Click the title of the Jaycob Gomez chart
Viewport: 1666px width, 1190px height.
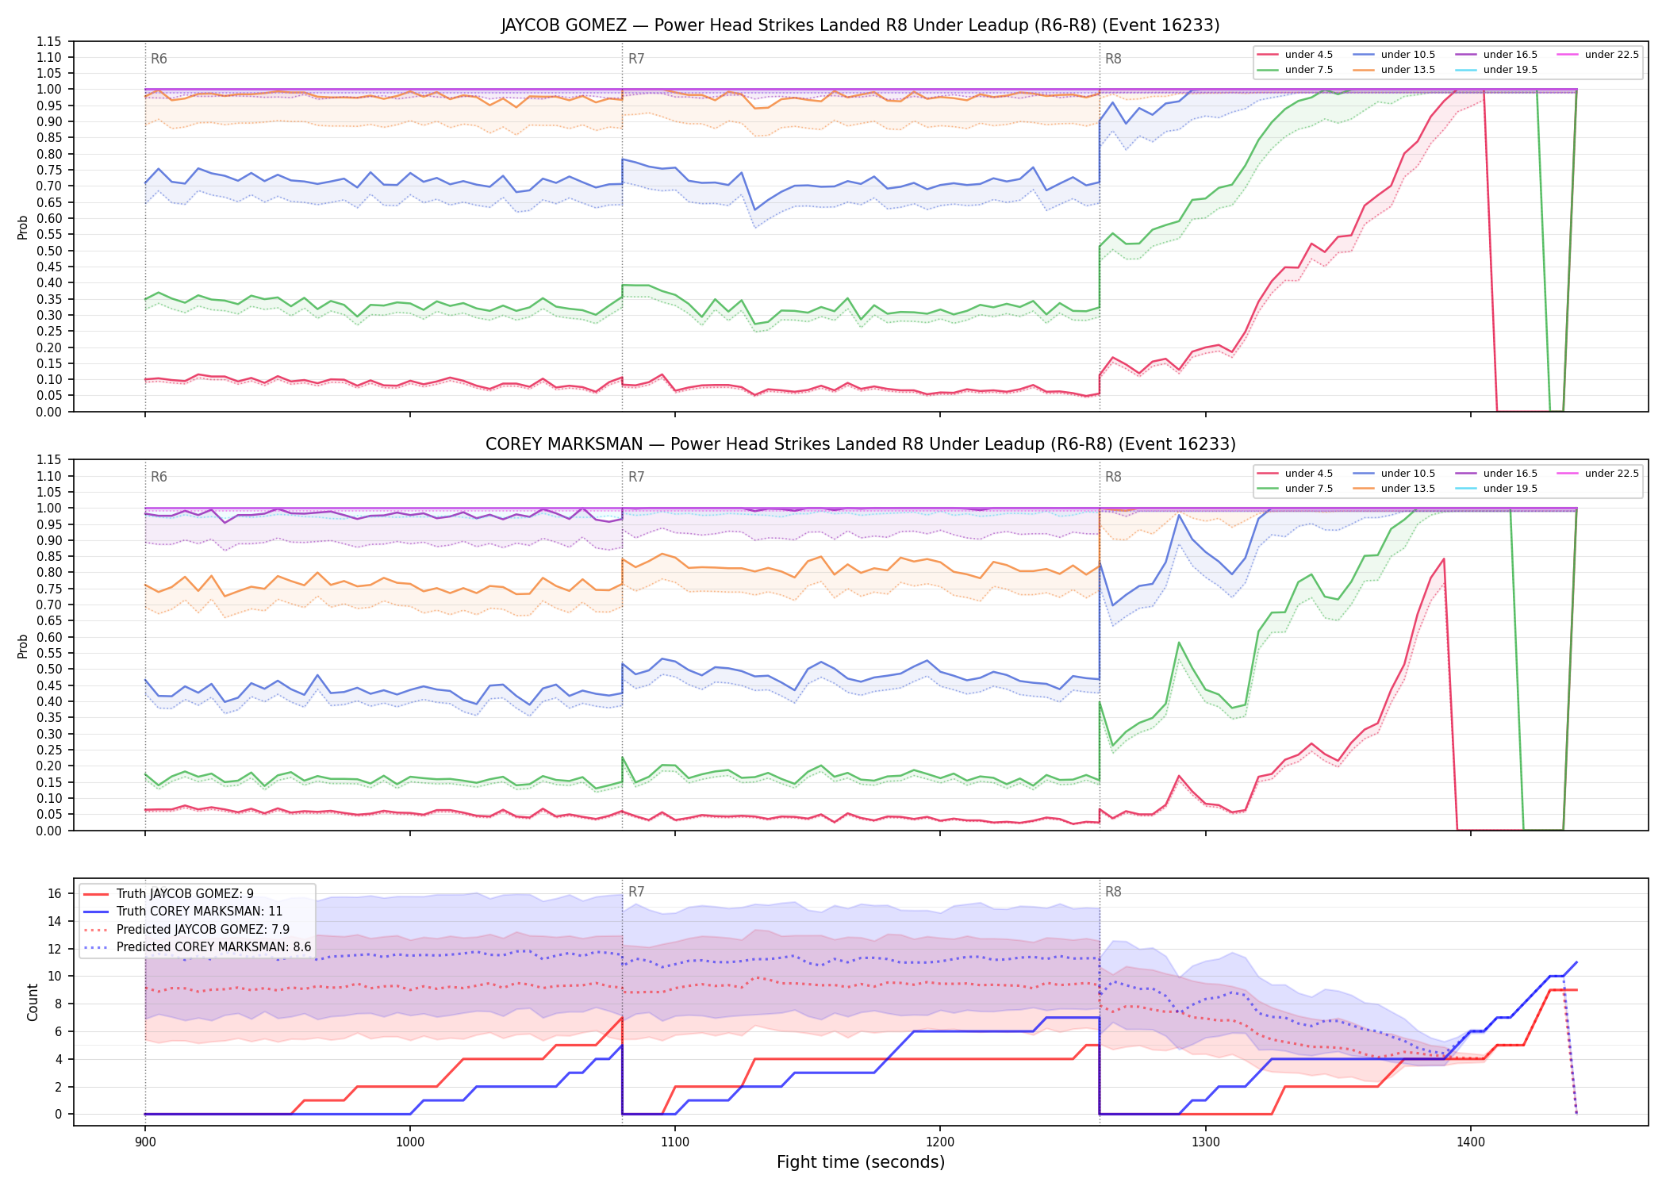point(860,25)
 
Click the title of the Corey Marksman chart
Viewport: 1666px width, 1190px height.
point(860,444)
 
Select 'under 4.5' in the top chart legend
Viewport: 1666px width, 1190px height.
point(1308,55)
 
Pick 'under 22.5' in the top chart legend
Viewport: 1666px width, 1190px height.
point(1611,55)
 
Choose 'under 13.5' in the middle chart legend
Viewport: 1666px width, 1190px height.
point(1407,489)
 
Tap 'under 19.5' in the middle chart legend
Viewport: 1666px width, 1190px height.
point(1510,489)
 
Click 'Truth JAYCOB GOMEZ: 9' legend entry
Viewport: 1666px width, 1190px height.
point(185,894)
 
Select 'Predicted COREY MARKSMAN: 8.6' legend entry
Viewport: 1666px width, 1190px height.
point(213,947)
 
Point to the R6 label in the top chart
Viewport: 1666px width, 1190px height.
point(159,59)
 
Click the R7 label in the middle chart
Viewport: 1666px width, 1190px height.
point(636,477)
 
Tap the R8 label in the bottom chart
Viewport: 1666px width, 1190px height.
point(1113,892)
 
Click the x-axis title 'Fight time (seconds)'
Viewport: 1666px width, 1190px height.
point(861,1162)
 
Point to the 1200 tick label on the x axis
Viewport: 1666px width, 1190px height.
point(940,1142)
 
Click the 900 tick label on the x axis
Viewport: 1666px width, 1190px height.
point(144,1142)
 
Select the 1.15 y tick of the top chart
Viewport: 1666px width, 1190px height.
point(49,41)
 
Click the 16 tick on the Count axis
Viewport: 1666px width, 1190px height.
point(55,894)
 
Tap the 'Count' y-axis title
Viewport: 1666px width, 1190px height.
point(33,1003)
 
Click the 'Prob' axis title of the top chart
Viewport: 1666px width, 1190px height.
point(23,228)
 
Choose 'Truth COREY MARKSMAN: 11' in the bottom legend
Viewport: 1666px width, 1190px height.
point(199,912)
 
